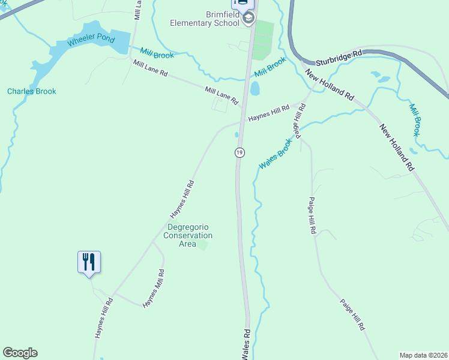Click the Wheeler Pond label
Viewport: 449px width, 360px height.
point(90,43)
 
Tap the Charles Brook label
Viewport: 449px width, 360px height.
point(32,91)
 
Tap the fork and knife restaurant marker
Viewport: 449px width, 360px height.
point(89,262)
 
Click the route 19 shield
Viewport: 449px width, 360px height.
point(240,152)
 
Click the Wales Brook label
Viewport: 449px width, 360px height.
point(275,155)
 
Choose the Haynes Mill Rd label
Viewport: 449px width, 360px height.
point(154,289)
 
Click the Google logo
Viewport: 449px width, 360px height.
point(20,353)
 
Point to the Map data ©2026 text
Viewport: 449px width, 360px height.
point(423,355)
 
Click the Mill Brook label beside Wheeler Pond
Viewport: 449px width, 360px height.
point(157,53)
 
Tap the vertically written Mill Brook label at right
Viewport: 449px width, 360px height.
point(414,120)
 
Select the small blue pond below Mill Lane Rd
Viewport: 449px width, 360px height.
point(255,89)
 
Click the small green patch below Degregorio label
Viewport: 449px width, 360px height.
point(203,245)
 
